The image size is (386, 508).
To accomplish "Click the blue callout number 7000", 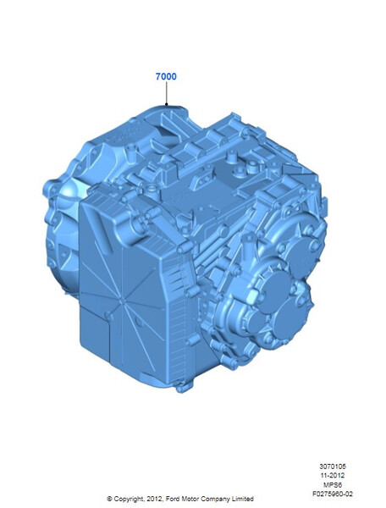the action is [x=166, y=76].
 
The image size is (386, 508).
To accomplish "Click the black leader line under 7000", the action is [x=167, y=94].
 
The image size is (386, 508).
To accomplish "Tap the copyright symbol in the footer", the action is [x=109, y=499].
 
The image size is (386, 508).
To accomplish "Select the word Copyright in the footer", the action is [x=129, y=499].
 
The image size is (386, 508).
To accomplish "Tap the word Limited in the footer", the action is [x=241, y=499].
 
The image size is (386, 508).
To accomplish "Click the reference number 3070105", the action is [x=333, y=467].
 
